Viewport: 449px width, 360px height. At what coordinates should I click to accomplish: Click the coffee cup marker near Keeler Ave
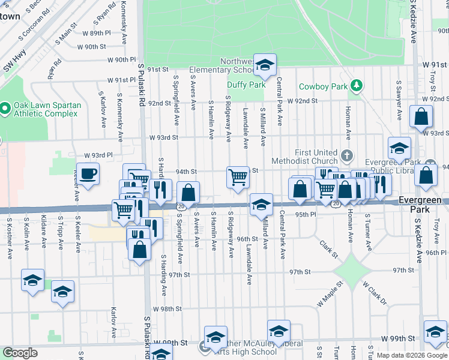tap(88, 175)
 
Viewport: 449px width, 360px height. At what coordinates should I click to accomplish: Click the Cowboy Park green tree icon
tap(356, 86)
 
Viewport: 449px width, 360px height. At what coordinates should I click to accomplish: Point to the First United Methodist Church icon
tap(346, 156)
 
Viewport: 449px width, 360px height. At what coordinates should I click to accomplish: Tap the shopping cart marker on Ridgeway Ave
tap(238, 178)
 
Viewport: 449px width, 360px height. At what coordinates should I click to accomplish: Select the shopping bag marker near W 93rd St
tap(421, 117)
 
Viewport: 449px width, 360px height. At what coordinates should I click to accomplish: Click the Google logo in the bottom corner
tap(20, 353)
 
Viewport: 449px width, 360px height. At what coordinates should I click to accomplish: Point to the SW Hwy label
tap(11, 62)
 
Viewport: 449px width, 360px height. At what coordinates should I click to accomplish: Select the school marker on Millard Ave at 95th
tap(261, 205)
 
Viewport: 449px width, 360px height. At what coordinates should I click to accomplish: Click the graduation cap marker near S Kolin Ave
tap(32, 280)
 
